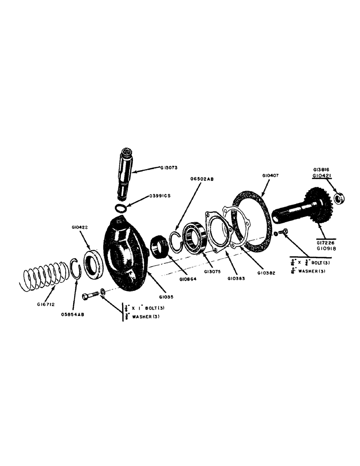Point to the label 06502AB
[202, 178]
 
